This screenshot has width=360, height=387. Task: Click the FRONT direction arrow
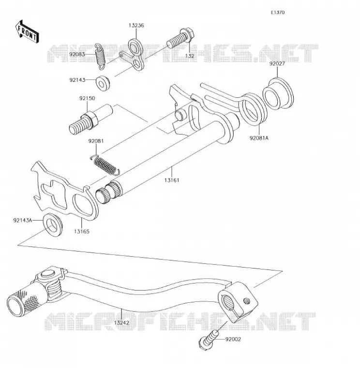point(27,32)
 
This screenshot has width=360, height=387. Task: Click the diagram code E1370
point(278,13)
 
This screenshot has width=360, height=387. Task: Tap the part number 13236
point(136,25)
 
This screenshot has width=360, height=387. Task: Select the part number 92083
point(77,54)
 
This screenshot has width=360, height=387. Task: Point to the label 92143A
point(23,220)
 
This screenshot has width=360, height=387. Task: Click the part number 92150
point(87,98)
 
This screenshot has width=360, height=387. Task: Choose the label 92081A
point(259,138)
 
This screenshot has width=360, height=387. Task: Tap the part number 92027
point(277,64)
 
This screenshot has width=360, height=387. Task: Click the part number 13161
point(172,180)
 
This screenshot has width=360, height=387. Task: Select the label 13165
point(81,232)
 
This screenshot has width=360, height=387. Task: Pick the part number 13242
point(121,323)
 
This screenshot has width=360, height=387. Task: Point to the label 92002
point(233,340)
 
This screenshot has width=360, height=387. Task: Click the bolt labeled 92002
point(208,341)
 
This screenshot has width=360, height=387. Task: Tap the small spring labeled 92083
point(101,57)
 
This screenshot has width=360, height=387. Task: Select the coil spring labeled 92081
point(105,164)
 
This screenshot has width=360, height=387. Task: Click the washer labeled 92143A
point(53,225)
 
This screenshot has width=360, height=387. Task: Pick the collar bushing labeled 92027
point(278,93)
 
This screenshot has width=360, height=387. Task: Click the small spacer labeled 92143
point(103,83)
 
